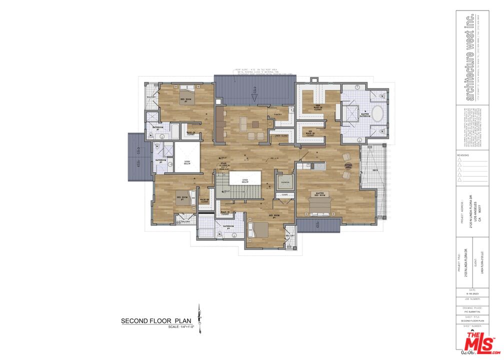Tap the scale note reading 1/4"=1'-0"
(x=181, y=327)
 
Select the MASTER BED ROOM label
(x=320, y=193)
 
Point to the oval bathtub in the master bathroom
(x=377, y=114)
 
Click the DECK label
(x=375, y=170)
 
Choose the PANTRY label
(x=277, y=114)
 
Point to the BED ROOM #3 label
(x=181, y=197)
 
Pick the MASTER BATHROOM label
(x=369, y=114)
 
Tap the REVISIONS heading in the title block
(x=463, y=155)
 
